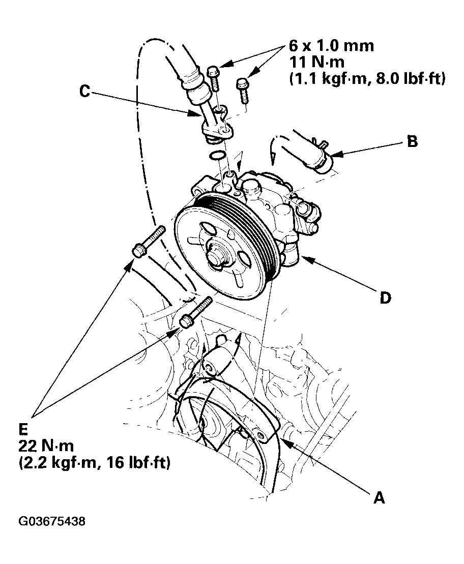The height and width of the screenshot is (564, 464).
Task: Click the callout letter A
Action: (379, 498)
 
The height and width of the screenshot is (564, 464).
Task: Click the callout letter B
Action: (413, 141)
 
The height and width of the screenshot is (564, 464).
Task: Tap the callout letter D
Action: (385, 298)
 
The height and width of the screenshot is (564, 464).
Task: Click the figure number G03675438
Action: (52, 522)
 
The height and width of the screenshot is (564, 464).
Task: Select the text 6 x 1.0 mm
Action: (331, 46)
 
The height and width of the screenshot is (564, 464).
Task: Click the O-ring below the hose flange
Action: (218, 155)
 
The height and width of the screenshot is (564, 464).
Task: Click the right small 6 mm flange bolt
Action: (242, 88)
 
